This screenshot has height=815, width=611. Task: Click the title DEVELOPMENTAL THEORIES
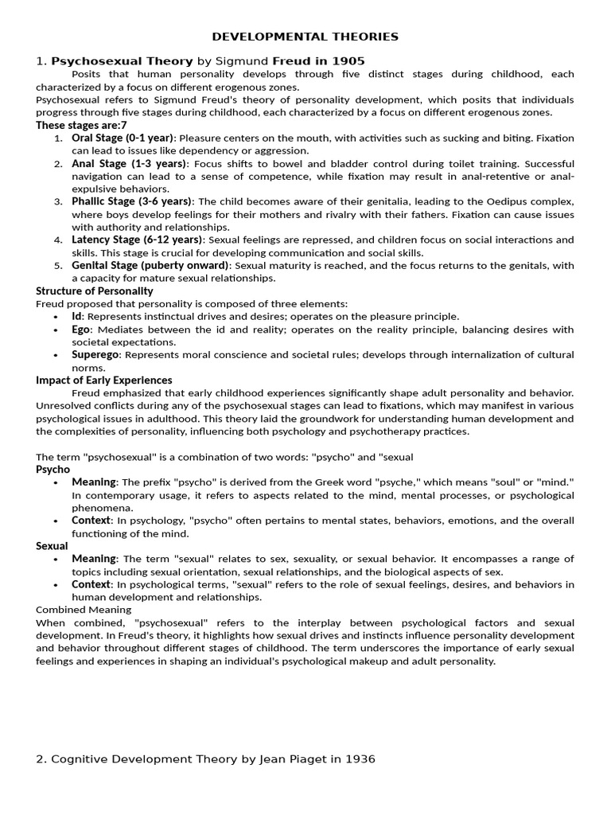305,37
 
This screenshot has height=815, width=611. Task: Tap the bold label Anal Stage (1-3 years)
130,163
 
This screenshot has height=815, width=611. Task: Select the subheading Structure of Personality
94,291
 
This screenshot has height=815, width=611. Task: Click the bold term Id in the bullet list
77,316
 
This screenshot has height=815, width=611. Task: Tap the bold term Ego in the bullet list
82,329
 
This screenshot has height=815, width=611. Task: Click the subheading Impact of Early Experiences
103,380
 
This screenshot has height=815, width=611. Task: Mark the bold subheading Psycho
53,470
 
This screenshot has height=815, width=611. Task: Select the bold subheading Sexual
53,546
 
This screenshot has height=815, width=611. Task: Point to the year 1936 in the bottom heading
358,759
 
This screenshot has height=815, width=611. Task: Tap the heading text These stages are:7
81,125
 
